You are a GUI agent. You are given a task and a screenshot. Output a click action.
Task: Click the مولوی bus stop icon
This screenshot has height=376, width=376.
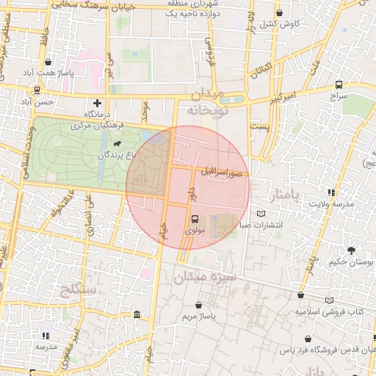(195, 219)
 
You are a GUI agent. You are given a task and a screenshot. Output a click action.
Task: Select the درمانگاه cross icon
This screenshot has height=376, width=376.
(97, 103)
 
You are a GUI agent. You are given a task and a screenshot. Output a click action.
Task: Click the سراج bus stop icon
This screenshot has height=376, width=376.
(338, 84)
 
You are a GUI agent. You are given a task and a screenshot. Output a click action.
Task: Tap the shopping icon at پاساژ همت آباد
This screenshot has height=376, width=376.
(48, 62)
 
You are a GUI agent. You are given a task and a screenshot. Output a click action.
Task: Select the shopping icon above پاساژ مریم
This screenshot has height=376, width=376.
(198, 305)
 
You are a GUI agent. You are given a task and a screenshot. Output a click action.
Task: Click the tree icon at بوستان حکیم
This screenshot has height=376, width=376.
(351, 250)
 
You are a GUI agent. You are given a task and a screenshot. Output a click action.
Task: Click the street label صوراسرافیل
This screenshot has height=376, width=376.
(223, 173)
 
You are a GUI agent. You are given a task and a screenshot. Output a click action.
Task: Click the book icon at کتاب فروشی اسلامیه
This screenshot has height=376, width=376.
(329, 300)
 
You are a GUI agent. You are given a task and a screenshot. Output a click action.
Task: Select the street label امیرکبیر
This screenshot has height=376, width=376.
(281, 95)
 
